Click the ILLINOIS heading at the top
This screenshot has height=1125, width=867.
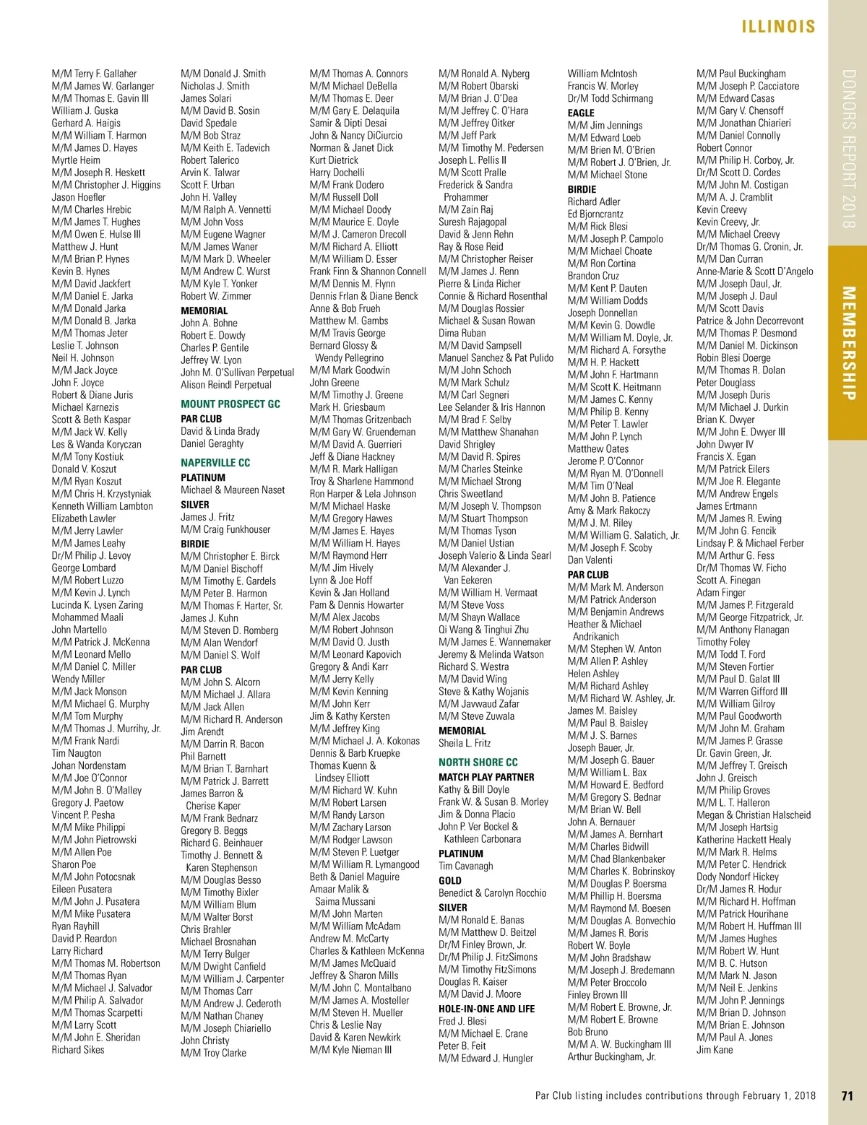(x=777, y=27)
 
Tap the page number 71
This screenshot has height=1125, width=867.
(x=847, y=1095)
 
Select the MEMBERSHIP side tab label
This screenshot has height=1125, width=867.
(x=849, y=343)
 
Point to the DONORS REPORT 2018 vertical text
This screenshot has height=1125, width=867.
(x=849, y=149)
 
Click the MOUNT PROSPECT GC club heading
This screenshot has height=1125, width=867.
(x=230, y=404)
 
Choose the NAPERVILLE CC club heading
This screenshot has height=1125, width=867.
(x=215, y=463)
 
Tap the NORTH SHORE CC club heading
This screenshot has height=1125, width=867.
(x=478, y=762)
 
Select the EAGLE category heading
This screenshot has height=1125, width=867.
(x=581, y=113)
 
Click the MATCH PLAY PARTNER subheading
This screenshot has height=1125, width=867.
(x=486, y=777)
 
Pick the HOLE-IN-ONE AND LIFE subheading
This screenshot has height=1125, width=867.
(x=486, y=1009)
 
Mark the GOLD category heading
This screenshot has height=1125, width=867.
(x=449, y=880)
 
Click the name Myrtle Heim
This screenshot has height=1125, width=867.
(x=76, y=160)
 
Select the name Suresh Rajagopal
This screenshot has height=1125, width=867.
(x=473, y=222)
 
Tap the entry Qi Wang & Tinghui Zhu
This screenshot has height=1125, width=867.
(x=483, y=630)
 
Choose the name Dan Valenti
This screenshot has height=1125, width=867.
(x=590, y=560)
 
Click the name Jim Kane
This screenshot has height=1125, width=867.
(x=714, y=1050)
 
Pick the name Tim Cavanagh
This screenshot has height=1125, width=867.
(x=465, y=866)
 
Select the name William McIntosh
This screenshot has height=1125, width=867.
(x=602, y=74)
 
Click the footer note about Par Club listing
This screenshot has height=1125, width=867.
(x=675, y=1095)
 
